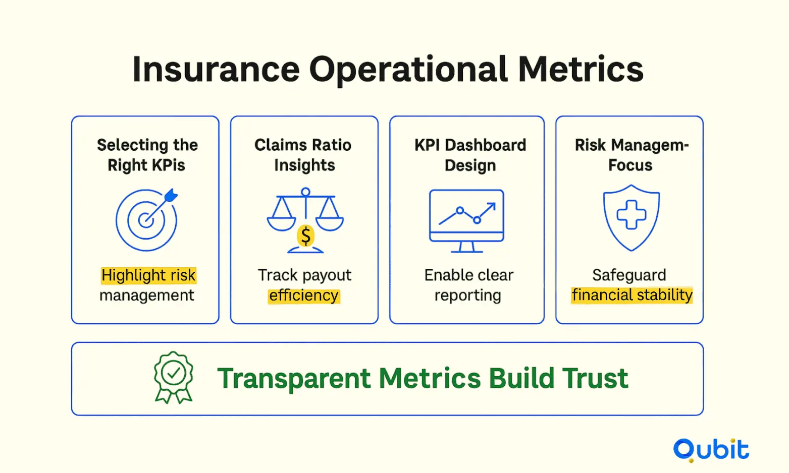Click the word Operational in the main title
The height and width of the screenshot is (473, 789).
[408, 70]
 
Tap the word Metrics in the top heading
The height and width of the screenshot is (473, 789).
[581, 69]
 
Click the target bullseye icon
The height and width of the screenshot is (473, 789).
[146, 220]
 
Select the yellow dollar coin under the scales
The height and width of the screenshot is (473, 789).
[306, 236]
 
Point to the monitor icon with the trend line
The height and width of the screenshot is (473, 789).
[467, 221]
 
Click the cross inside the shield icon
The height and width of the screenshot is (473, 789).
[631, 215]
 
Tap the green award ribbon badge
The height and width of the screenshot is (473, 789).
[173, 377]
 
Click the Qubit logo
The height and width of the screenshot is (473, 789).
[711, 450]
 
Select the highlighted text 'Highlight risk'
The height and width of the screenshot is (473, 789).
[148, 275]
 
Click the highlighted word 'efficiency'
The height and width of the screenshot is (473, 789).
[303, 295]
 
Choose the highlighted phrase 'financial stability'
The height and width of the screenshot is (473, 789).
[632, 295]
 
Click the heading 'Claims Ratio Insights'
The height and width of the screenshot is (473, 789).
[303, 155]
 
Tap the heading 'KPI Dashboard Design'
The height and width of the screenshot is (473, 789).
[470, 155]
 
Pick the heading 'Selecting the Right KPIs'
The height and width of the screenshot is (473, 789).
[147, 155]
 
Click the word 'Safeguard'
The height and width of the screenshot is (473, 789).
[629, 275]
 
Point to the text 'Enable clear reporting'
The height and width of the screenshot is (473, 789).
[468, 285]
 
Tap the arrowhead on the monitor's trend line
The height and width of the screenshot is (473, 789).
[492, 206]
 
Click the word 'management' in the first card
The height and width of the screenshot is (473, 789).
[146, 295]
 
